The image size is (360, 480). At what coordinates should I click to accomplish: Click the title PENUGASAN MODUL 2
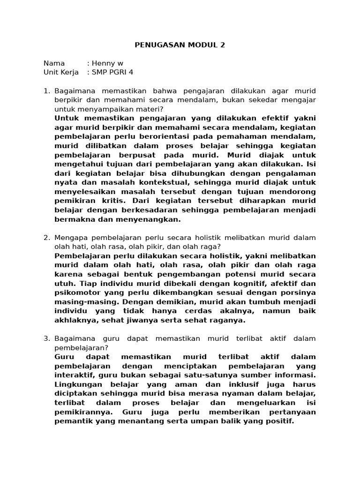tap(180, 45)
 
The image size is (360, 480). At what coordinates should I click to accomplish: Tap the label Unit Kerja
tap(61, 72)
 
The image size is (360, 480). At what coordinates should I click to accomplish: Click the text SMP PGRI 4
tap(112, 72)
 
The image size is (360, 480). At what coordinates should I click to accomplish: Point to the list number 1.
tap(46, 90)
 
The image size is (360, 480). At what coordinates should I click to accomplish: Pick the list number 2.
tap(46, 238)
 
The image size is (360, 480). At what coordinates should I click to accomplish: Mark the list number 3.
tap(46, 338)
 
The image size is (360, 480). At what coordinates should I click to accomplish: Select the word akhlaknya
tap(75, 321)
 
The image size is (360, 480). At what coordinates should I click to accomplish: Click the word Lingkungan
tap(77, 384)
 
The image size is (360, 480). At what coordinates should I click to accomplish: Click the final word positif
tap(280, 421)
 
